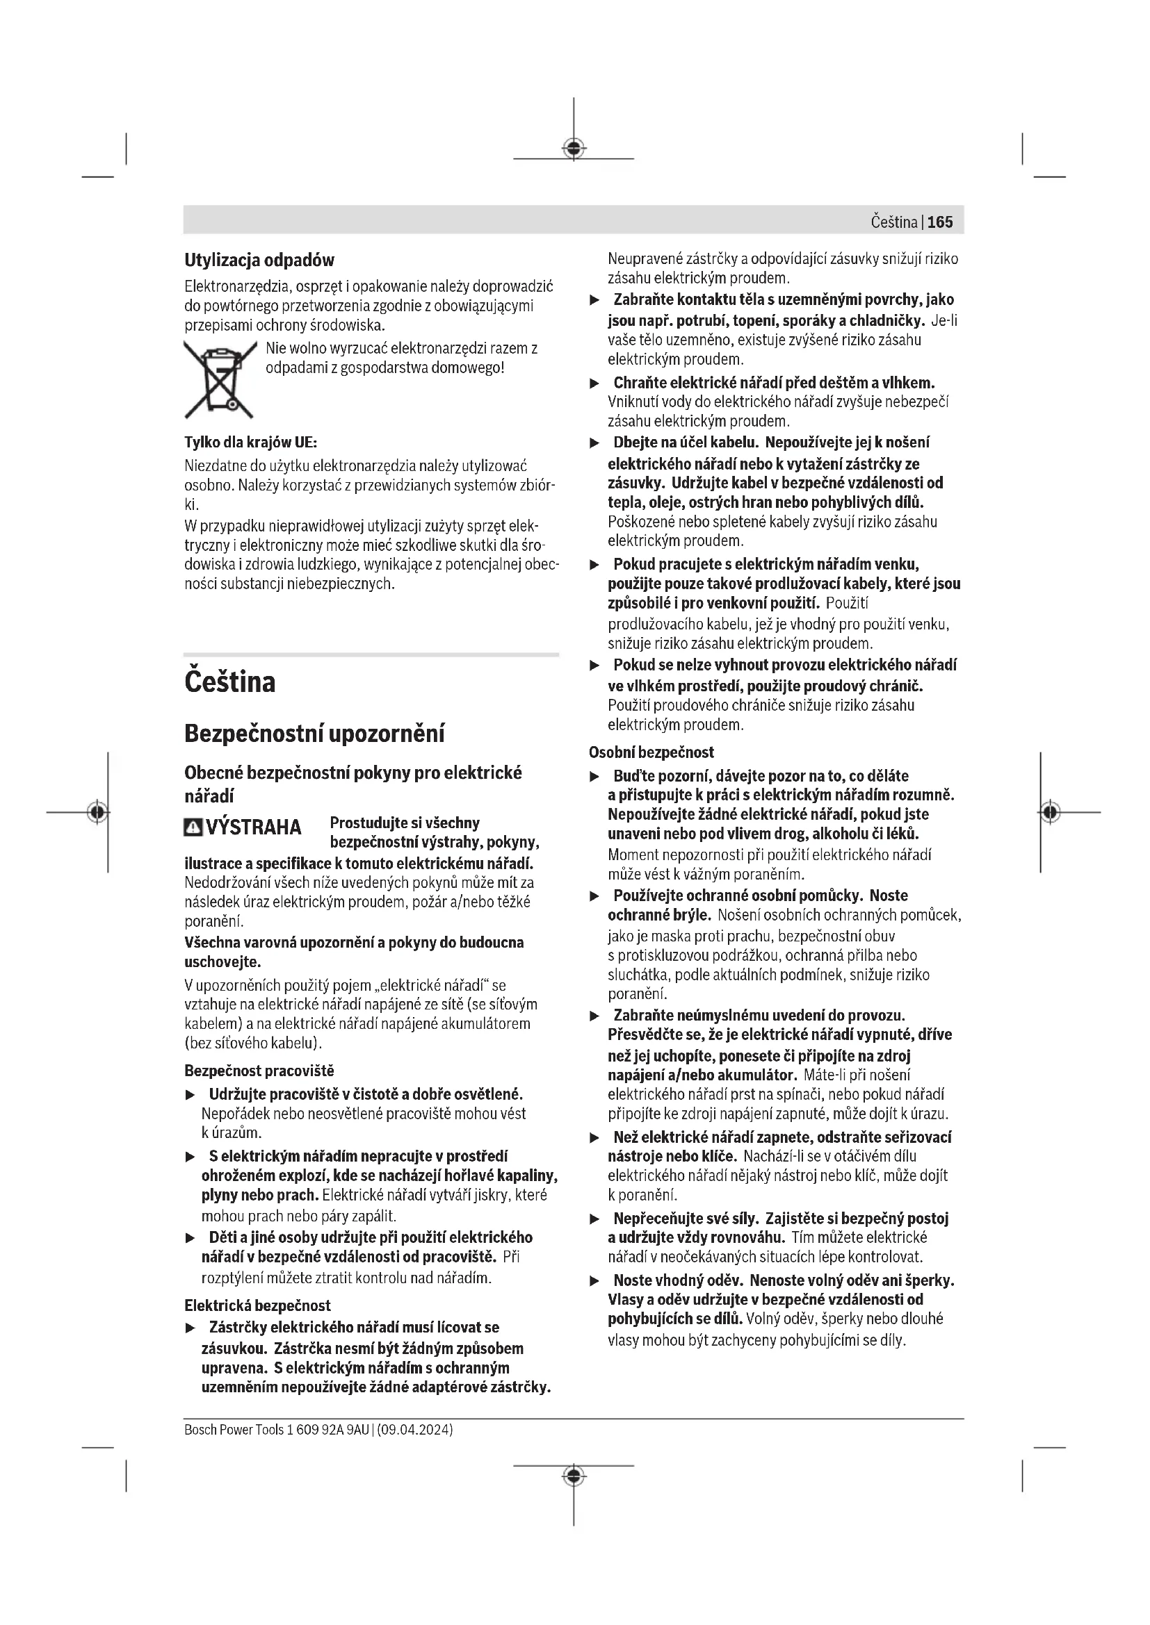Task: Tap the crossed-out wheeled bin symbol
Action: [x=220, y=380]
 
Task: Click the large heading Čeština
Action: [x=230, y=682]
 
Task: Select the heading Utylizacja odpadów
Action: [x=259, y=261]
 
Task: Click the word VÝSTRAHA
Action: [x=254, y=827]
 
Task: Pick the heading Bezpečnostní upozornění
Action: [x=314, y=733]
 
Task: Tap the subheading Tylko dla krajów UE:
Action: [x=251, y=443]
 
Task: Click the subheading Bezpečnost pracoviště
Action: [x=259, y=1071]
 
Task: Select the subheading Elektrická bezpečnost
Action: [x=257, y=1305]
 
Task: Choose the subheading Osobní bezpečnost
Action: [x=651, y=752]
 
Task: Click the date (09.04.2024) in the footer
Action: [x=415, y=1430]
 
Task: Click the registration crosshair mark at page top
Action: [x=574, y=148]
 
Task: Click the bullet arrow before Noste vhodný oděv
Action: [x=595, y=1281]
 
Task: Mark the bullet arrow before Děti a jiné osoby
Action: [x=190, y=1238]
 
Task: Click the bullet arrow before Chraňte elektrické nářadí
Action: [x=595, y=383]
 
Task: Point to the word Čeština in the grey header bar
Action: [x=893, y=222]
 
